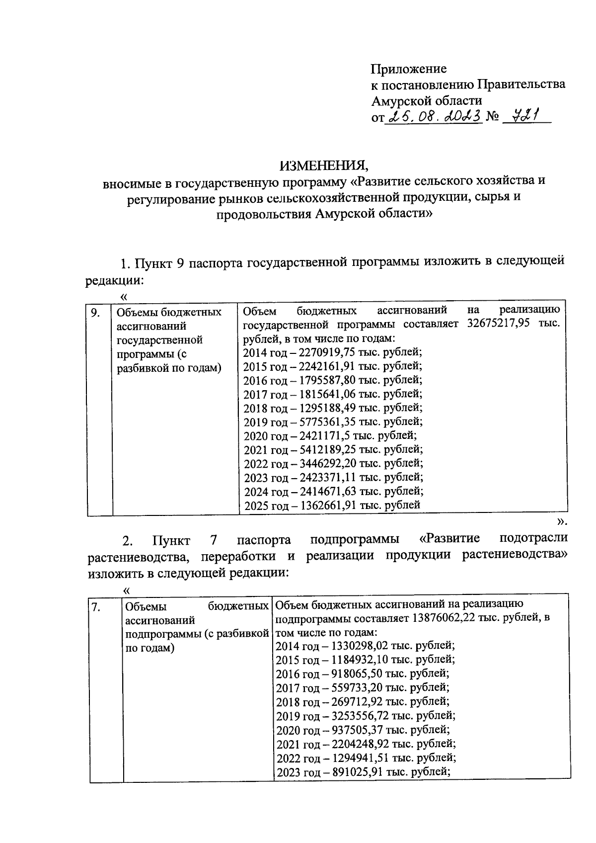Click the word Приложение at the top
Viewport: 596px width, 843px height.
pyautogui.click(x=409, y=69)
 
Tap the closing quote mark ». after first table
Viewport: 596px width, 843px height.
pyautogui.click(x=561, y=521)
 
